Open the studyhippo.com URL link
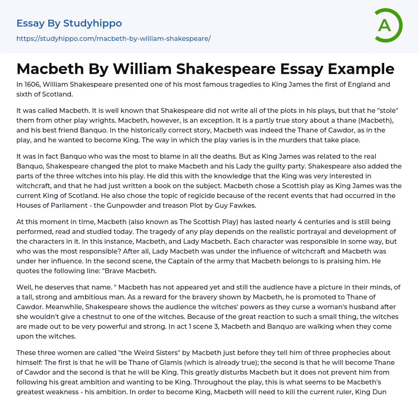(x=113, y=39)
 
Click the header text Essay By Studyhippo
(x=69, y=23)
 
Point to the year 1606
(x=35, y=85)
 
